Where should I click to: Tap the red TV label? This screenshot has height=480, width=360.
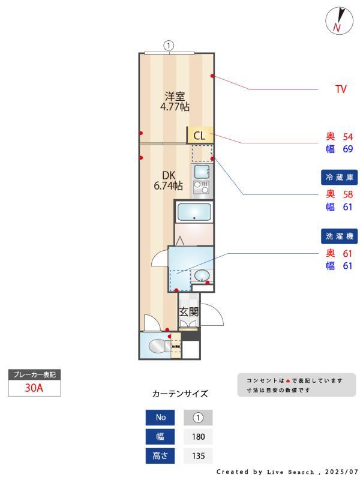[x=341, y=90]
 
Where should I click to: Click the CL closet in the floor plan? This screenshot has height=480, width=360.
[x=199, y=135]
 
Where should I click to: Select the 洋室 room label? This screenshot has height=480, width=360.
[x=175, y=96]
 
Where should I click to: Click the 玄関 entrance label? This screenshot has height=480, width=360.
[x=189, y=312]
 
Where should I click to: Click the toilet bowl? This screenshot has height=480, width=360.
[x=158, y=346]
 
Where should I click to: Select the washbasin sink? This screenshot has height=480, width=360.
[x=202, y=276]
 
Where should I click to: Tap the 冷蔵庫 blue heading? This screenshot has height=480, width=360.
[x=339, y=178]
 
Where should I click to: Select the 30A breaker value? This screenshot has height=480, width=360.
[x=34, y=387]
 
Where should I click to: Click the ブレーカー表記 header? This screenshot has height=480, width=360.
[x=34, y=374]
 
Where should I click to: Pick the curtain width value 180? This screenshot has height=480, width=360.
[x=198, y=436]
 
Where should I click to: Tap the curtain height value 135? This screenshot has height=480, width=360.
[x=198, y=455]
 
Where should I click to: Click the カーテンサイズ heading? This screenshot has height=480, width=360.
[x=180, y=394]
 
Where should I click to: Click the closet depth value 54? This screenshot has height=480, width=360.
[x=347, y=136]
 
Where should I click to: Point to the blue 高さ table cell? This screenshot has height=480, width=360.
[x=160, y=455]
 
